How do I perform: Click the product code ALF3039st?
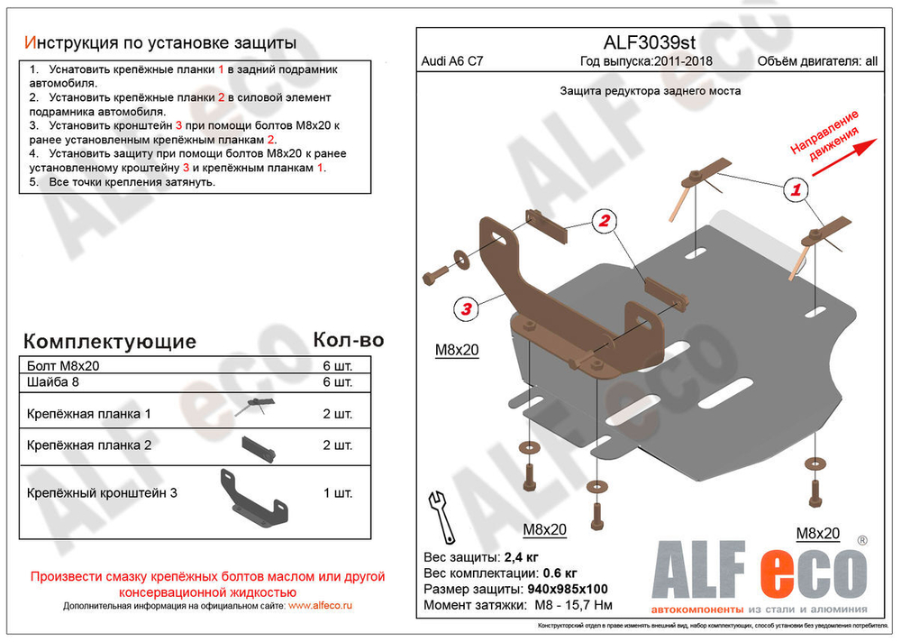[x=648, y=43]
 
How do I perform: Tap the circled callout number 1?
[x=796, y=189]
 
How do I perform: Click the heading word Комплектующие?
[x=109, y=342]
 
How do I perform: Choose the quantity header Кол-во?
[x=348, y=340]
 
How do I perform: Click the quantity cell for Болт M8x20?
[x=337, y=366]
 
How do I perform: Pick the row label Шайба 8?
[x=56, y=382]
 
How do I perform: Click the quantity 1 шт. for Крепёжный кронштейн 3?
[x=337, y=493]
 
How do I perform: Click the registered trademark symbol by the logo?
[x=862, y=540]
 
